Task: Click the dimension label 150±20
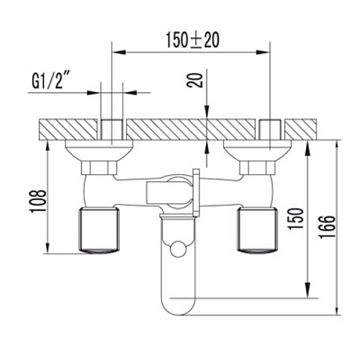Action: point(193,40)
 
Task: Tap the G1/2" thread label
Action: point(50,81)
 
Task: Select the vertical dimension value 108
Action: point(37,201)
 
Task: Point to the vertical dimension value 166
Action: point(327,227)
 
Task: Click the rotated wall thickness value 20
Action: point(194,80)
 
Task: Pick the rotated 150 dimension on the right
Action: point(296,219)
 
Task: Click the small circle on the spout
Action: point(178,249)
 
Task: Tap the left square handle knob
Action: point(99,230)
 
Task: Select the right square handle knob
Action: point(257,230)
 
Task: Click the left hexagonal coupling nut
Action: point(99,168)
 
